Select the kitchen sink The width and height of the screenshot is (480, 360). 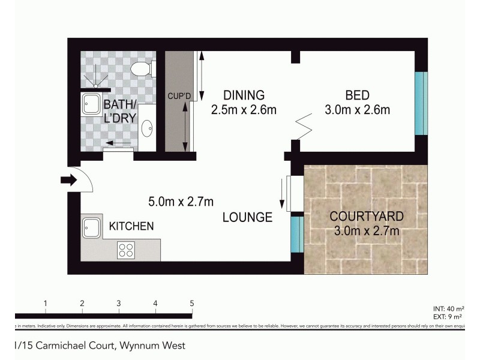click(x=92, y=228)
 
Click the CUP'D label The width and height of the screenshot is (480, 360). click(x=178, y=95)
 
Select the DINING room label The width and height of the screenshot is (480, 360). click(x=243, y=95)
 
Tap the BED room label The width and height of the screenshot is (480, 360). click(x=357, y=95)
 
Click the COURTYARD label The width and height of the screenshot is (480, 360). click(x=366, y=216)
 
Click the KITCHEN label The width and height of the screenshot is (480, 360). click(x=131, y=226)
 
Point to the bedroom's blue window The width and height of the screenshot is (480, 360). click(x=421, y=104)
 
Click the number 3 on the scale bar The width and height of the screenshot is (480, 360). click(x=119, y=303)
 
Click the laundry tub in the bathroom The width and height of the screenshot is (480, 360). click(x=92, y=103)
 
